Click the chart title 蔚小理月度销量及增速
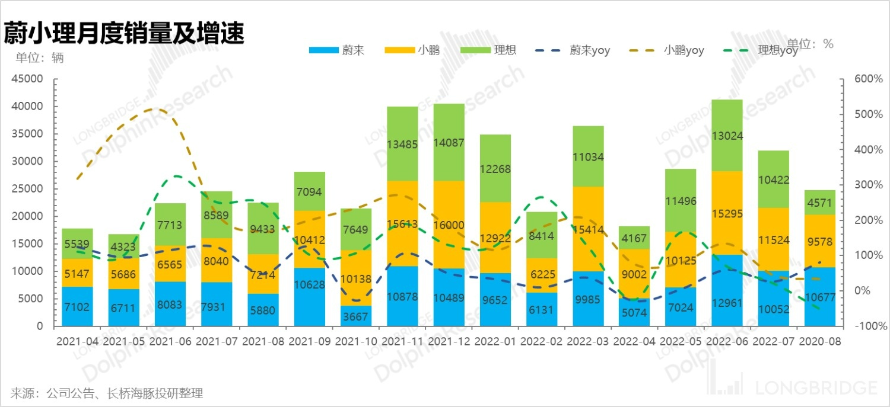tap(124, 33)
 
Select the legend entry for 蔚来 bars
tap(336, 50)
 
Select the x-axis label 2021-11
tap(402, 342)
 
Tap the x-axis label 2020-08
tap(819, 342)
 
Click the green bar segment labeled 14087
tap(449, 142)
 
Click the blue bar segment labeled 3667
tap(356, 316)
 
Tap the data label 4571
tap(819, 203)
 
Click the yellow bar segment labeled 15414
tap(588, 229)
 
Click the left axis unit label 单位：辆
tap(39, 58)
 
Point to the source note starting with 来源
tap(107, 393)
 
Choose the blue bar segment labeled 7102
tap(78, 307)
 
